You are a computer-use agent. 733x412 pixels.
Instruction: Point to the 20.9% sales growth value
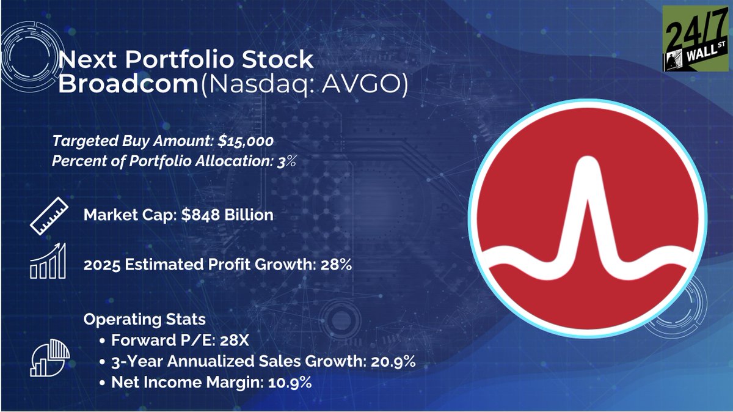[x=393, y=362]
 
